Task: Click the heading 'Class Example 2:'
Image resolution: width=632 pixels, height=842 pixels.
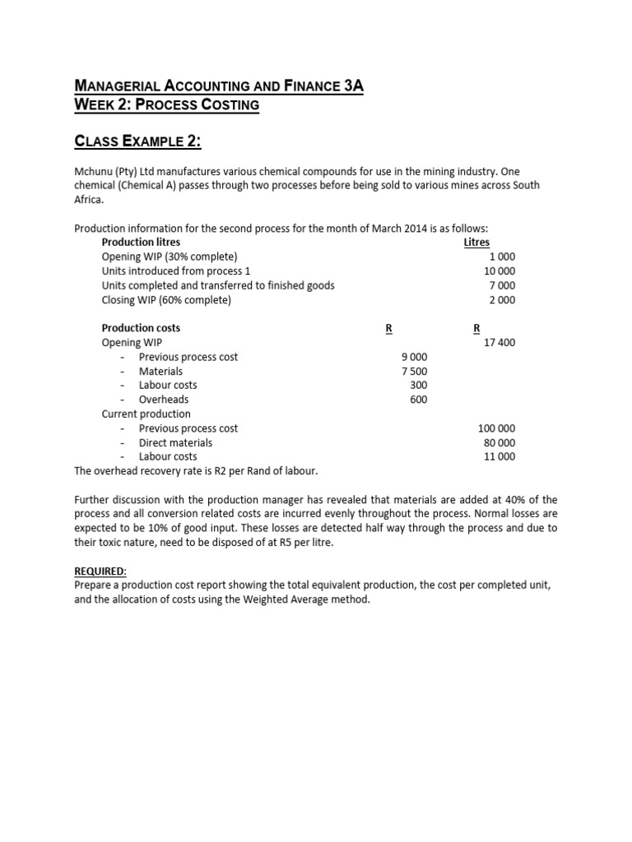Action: coord(137,141)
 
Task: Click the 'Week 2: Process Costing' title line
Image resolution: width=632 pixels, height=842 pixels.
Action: coord(166,104)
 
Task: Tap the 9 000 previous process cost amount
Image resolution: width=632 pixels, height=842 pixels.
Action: coord(414,357)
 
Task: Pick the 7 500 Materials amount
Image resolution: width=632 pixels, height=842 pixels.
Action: coord(414,371)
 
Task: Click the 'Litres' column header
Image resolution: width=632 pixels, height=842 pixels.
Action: coord(476,243)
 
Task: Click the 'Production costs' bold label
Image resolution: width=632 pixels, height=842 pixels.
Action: coord(141,328)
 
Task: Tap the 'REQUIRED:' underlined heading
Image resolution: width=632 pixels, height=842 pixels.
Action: coord(100,571)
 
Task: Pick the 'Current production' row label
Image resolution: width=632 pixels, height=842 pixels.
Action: coord(146,414)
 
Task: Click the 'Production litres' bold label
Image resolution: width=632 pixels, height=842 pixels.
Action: coord(141,243)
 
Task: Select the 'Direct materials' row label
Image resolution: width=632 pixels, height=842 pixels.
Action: coord(175,442)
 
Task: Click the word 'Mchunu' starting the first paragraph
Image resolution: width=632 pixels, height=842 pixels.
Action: coord(94,171)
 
